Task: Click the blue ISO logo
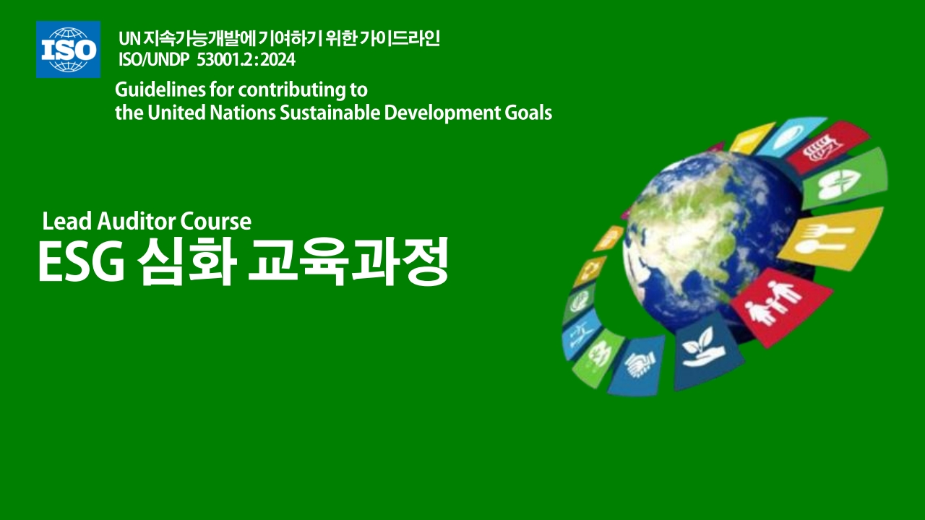pos(68,50)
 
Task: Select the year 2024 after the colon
pos(278,60)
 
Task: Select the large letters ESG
pos(82,262)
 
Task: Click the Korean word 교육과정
pos(348,261)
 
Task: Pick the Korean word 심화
pos(186,261)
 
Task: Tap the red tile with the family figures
pos(782,306)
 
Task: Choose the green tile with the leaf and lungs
pos(845,180)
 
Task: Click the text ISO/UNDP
pos(154,60)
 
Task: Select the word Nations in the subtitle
pos(242,113)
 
